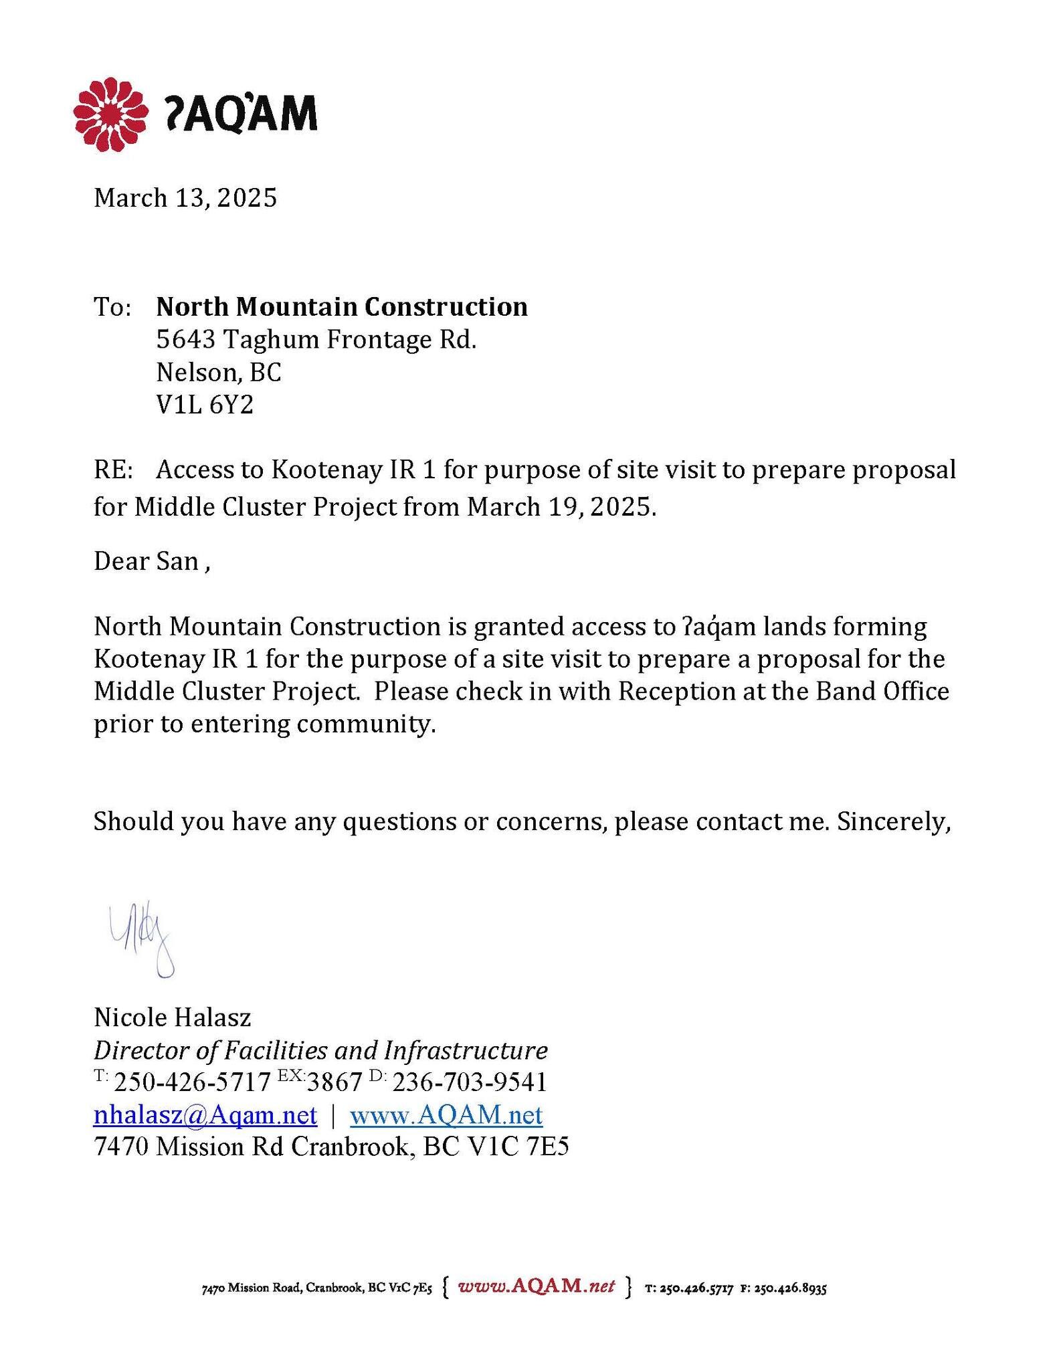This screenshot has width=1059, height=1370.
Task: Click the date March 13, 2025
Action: (185, 198)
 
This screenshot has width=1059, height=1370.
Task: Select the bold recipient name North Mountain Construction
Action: (342, 307)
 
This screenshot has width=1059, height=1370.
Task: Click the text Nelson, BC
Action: (219, 373)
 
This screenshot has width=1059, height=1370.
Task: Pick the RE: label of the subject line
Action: (114, 471)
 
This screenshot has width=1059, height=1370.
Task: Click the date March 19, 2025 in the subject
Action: (561, 507)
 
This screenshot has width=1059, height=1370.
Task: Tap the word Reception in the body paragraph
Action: (676, 691)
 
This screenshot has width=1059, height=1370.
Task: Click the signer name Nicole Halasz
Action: (173, 1017)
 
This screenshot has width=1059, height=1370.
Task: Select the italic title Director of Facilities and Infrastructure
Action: (320, 1050)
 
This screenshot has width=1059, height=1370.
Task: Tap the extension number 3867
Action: (334, 1082)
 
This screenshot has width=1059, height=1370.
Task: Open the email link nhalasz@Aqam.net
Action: (205, 1115)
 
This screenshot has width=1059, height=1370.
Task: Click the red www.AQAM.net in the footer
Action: (536, 1286)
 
